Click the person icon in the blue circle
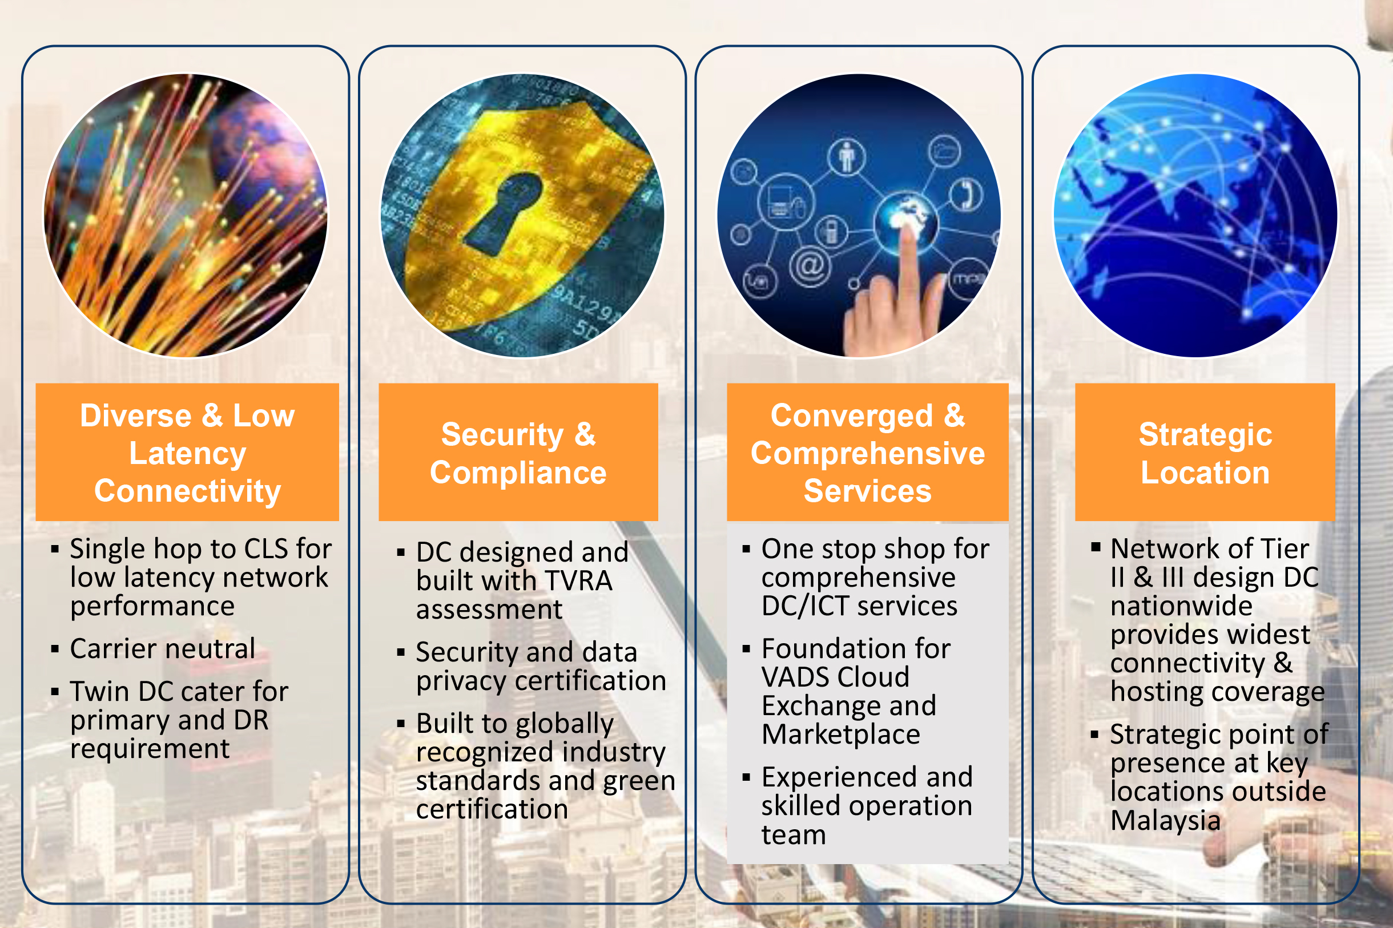click(847, 158)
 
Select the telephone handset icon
click(966, 195)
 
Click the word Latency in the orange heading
click(188, 454)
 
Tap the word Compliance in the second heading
click(518, 473)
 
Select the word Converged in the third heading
click(851, 415)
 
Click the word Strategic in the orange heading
click(1205, 435)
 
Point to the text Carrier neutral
click(163, 649)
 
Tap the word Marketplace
click(841, 735)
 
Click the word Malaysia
click(1165, 820)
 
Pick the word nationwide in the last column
click(1181, 606)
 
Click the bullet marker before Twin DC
click(55, 691)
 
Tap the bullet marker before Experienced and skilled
click(746, 777)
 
